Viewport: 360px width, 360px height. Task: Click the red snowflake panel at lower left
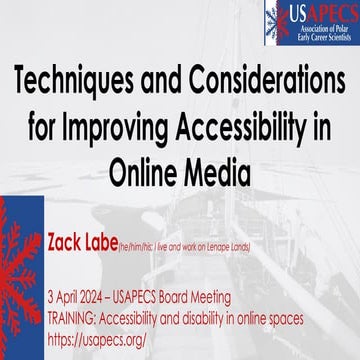[20, 280]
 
